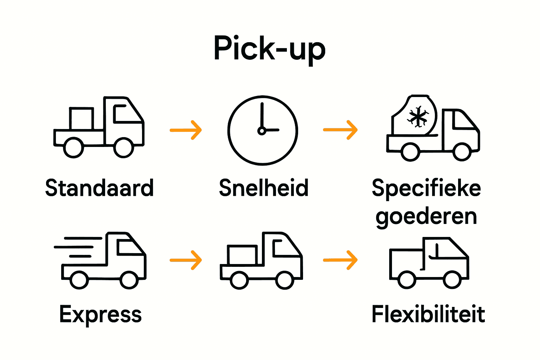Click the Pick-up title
tap(270, 49)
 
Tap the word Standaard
tap(99, 188)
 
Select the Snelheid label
tap(264, 188)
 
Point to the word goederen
tap(426, 217)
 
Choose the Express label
tap(101, 315)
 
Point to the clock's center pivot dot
tap(262, 131)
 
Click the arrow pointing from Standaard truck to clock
tap(186, 130)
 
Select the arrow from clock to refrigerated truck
tap(340, 130)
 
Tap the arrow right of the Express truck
tap(186, 260)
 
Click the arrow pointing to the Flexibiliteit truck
tap(340, 260)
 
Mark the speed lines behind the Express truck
tap(77, 247)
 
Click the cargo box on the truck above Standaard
tap(81, 119)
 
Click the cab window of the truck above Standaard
tap(125, 114)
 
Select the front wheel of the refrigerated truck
tap(462, 152)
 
